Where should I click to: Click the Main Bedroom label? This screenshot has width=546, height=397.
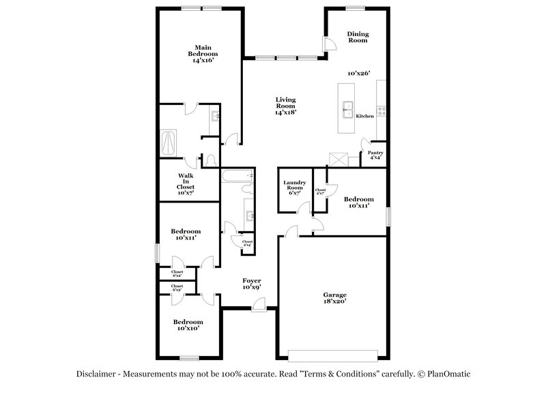(203, 54)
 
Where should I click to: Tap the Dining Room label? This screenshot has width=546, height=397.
(357, 37)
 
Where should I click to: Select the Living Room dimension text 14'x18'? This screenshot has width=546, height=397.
(285, 112)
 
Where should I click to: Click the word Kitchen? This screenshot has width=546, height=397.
(365, 116)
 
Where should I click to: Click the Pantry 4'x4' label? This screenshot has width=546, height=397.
(375, 155)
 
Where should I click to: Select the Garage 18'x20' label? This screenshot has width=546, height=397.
(335, 297)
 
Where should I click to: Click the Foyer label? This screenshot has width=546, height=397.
(253, 283)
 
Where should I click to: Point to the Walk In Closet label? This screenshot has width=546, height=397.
(186, 183)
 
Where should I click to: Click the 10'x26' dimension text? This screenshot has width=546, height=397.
(358, 73)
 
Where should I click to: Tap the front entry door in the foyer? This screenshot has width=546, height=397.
(259, 308)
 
